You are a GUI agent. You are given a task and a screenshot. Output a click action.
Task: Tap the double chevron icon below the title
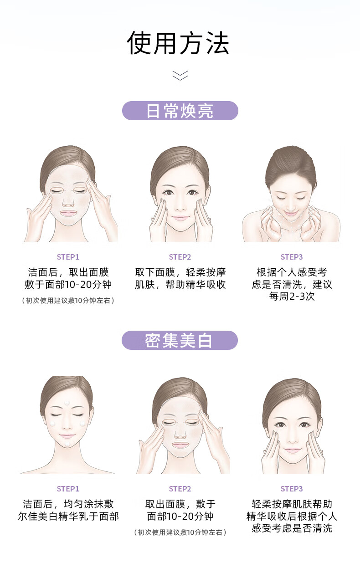pyautogui.click(x=180, y=76)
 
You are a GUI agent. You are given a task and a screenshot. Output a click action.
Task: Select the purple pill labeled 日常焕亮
pyautogui.click(x=180, y=111)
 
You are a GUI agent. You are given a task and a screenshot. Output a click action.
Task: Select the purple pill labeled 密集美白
pyautogui.click(x=180, y=340)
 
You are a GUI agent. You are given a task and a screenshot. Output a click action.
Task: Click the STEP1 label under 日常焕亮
pyautogui.click(x=68, y=257)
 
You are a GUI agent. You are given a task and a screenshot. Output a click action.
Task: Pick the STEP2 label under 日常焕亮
pyautogui.click(x=180, y=257)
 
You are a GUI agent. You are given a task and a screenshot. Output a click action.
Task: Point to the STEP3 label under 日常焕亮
pyautogui.click(x=292, y=257)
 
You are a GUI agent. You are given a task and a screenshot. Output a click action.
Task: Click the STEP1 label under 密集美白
pyautogui.click(x=68, y=489)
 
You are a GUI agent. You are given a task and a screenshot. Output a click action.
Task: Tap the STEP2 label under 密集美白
pyautogui.click(x=180, y=489)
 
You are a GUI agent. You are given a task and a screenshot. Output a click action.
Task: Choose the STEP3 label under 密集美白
pyautogui.click(x=292, y=489)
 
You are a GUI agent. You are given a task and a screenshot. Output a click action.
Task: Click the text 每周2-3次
pyautogui.click(x=292, y=296)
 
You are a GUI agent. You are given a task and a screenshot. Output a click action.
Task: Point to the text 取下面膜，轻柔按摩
pyautogui.click(x=180, y=272)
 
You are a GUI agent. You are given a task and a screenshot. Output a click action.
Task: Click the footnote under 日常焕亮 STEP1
pyautogui.click(x=68, y=301)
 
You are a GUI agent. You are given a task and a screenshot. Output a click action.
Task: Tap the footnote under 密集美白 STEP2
pyautogui.click(x=180, y=532)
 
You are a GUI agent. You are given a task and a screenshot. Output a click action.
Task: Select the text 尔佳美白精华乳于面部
pyautogui.click(x=68, y=517)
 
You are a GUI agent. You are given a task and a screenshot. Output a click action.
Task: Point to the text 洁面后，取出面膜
pyautogui.click(x=68, y=272)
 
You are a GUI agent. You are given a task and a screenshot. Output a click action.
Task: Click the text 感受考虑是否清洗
pyautogui.click(x=292, y=528)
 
